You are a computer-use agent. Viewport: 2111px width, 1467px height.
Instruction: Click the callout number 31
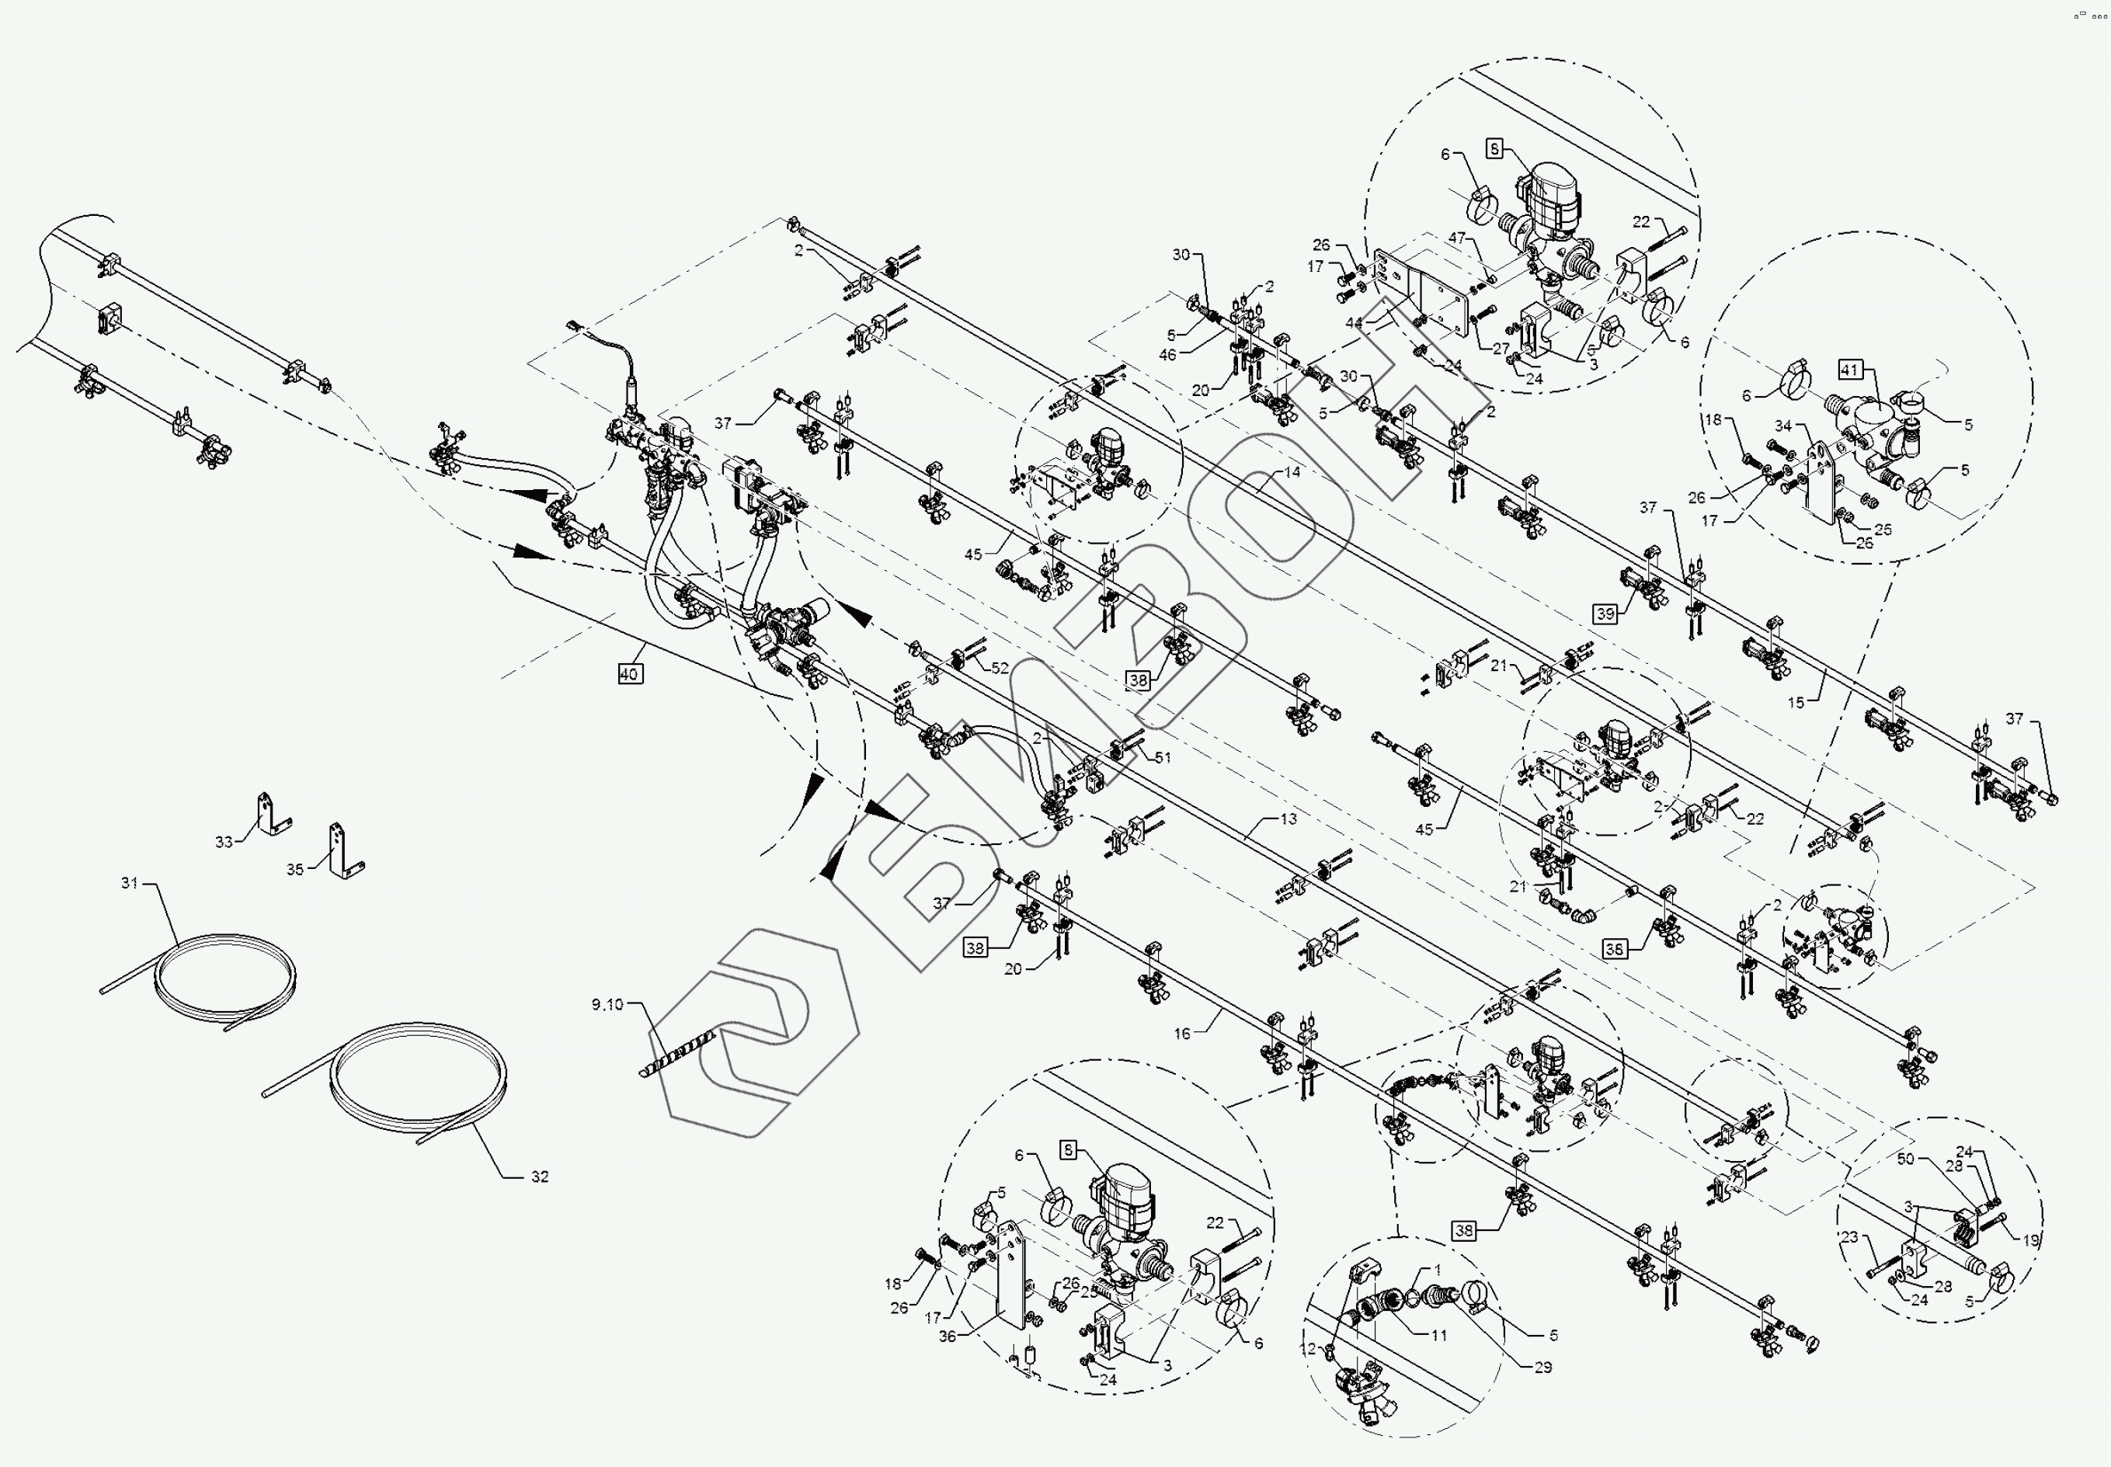130,883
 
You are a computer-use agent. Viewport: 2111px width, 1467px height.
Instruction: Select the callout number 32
540,1177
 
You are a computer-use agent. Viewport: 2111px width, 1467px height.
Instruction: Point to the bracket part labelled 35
343,850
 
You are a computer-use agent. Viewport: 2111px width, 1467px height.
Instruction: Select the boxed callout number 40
628,674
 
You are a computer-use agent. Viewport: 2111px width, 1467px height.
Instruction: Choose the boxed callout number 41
1849,370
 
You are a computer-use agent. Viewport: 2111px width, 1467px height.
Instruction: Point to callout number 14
1292,472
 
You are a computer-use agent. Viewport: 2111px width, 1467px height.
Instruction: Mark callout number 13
1289,818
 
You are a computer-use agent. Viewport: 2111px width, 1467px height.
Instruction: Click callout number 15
1796,702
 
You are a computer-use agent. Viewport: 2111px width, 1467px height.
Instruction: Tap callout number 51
1163,757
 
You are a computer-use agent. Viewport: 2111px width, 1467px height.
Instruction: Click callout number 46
1167,355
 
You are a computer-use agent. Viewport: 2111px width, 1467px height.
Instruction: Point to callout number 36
948,1337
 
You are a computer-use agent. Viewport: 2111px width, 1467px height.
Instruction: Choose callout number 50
1905,1159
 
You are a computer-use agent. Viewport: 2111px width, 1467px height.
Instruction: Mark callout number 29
1543,1367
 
